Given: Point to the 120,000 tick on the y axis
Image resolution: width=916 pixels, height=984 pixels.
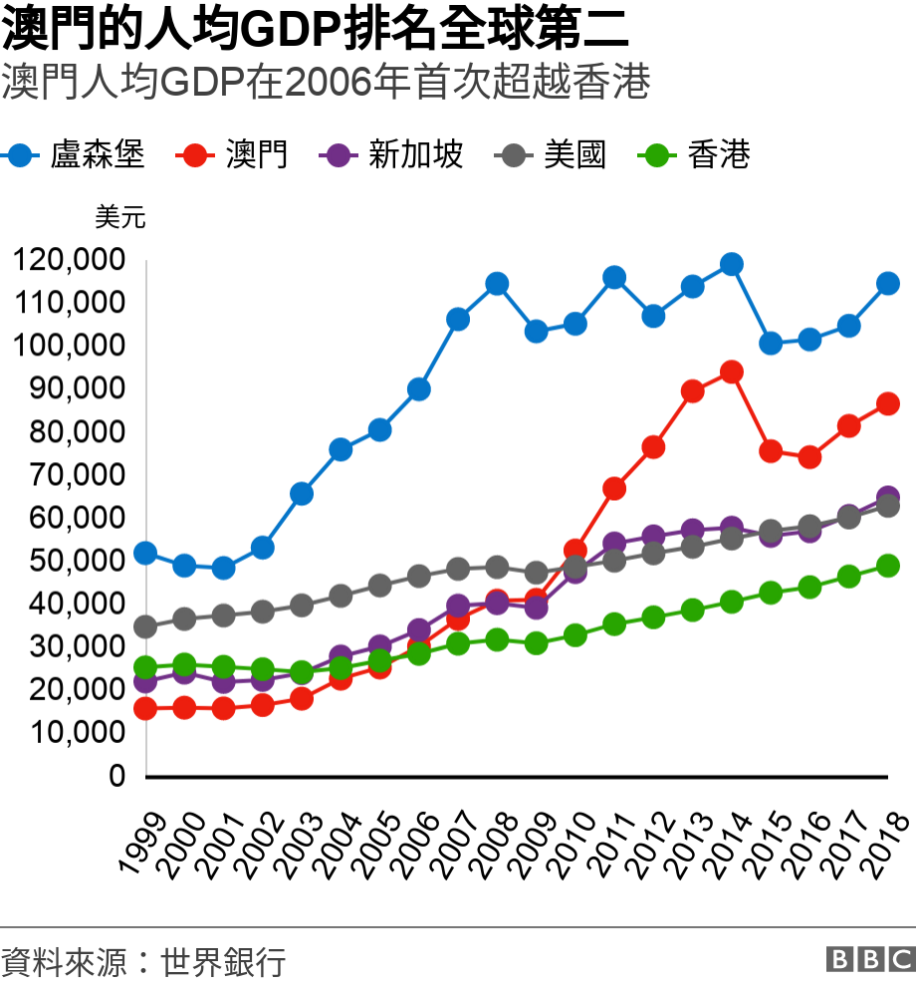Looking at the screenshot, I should pyautogui.click(x=69, y=261).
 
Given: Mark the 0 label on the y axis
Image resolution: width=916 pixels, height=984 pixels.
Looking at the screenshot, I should pyautogui.click(x=116, y=776).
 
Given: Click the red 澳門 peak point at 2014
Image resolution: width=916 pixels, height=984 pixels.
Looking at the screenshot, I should pyautogui.click(x=732, y=372).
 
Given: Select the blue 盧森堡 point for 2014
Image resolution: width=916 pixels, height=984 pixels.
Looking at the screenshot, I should pyautogui.click(x=732, y=264).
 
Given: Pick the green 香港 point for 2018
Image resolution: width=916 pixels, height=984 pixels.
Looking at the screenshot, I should pyautogui.click(x=888, y=566).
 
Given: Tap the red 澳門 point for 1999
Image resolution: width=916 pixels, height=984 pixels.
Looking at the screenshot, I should pyautogui.click(x=145, y=709).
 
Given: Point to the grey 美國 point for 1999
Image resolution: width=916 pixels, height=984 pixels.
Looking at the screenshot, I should pyautogui.click(x=145, y=626).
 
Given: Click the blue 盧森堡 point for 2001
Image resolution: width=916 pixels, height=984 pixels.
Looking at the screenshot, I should pyautogui.click(x=223, y=569).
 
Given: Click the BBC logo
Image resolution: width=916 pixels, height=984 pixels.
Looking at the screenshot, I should pyautogui.click(x=869, y=959).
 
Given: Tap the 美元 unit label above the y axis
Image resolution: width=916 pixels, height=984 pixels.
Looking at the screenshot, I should pyautogui.click(x=120, y=217).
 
